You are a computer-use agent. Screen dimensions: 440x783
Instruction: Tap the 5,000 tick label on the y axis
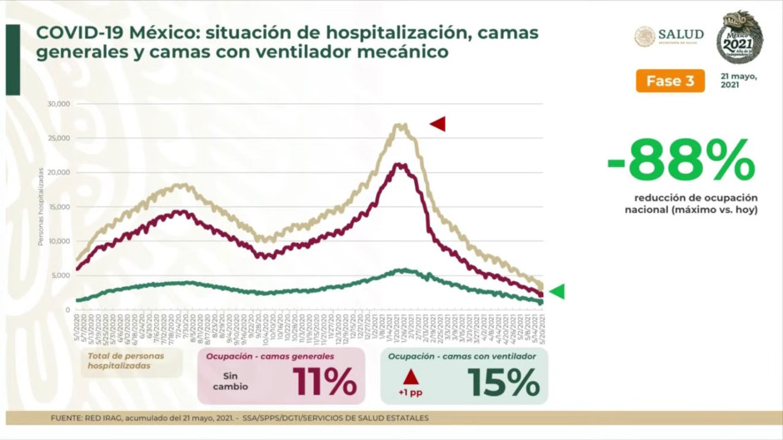pyautogui.click(x=61, y=275)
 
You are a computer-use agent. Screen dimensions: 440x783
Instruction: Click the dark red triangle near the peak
pyautogui.click(x=438, y=124)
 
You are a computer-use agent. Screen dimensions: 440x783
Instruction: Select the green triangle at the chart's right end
pyautogui.click(x=556, y=291)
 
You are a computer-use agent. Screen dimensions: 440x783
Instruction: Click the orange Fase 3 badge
pyautogui.click(x=671, y=81)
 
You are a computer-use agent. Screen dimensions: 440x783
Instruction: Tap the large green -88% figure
pyautogui.click(x=681, y=161)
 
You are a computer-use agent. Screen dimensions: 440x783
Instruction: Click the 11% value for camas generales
pyautogui.click(x=324, y=382)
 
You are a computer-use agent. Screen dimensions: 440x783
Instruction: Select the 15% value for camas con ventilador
pyautogui.click(x=503, y=382)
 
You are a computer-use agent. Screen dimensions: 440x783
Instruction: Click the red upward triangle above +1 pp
pyautogui.click(x=410, y=377)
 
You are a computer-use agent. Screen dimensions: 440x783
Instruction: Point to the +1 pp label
pyautogui.click(x=410, y=393)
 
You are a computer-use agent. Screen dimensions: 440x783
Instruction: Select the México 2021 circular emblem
pyautogui.click(x=740, y=37)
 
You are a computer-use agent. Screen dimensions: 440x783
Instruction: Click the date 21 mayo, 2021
pyautogui.click(x=740, y=81)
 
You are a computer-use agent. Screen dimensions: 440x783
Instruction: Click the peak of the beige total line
pyautogui.click(x=401, y=126)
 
